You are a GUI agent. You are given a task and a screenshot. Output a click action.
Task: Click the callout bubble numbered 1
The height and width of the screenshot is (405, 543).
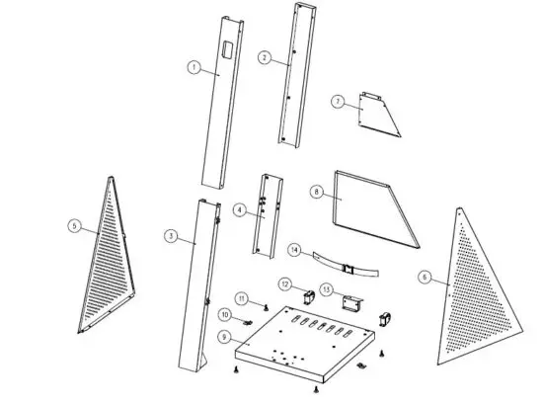click(x=194, y=67)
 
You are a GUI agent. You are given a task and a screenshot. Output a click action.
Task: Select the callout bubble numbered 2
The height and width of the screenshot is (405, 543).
click(x=265, y=57)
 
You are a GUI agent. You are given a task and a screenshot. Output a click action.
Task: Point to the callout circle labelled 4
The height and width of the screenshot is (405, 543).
click(x=240, y=209)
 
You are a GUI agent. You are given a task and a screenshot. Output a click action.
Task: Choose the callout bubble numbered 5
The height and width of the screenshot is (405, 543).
click(x=74, y=225)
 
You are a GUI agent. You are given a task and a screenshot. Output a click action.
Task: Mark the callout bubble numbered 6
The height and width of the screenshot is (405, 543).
click(x=425, y=278)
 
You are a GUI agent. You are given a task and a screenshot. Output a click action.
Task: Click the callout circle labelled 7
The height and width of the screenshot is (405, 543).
click(x=337, y=102)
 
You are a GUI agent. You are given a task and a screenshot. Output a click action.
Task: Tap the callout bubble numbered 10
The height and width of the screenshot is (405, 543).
click(x=224, y=314)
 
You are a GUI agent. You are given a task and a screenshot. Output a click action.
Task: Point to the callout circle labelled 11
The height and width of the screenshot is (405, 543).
click(x=241, y=297)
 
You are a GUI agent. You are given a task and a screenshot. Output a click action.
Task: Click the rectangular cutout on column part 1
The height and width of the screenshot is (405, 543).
click(x=226, y=48)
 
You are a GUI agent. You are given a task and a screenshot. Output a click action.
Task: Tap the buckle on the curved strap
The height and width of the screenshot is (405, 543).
click(x=348, y=266)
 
